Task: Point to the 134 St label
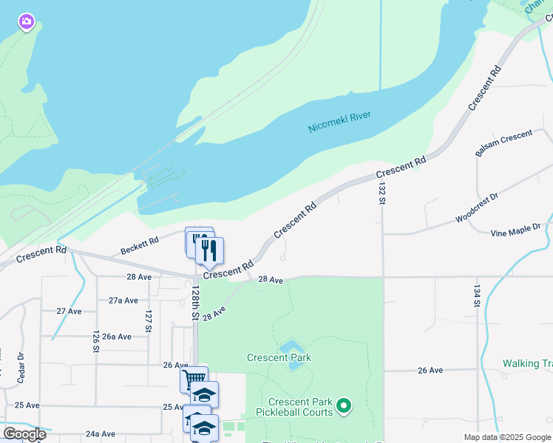click(x=477, y=298)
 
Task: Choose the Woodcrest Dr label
click(x=476, y=207)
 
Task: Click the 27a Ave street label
click(x=123, y=301)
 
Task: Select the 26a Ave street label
click(x=117, y=336)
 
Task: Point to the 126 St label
click(x=96, y=341)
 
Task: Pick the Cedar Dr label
click(x=20, y=365)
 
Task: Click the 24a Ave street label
click(x=101, y=434)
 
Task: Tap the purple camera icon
click(x=27, y=23)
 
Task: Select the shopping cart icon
click(x=194, y=380)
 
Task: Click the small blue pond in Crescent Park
click(x=291, y=347)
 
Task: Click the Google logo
click(x=24, y=434)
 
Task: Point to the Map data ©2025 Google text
click(x=506, y=437)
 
